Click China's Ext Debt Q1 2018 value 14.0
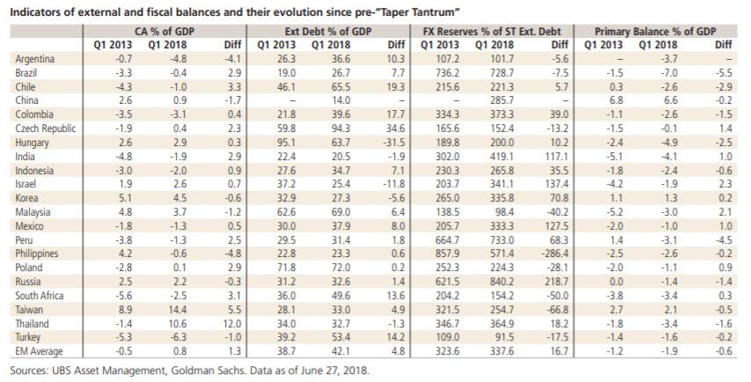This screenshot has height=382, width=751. click(x=339, y=100)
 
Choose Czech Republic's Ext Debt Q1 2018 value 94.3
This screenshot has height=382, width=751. click(x=339, y=129)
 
